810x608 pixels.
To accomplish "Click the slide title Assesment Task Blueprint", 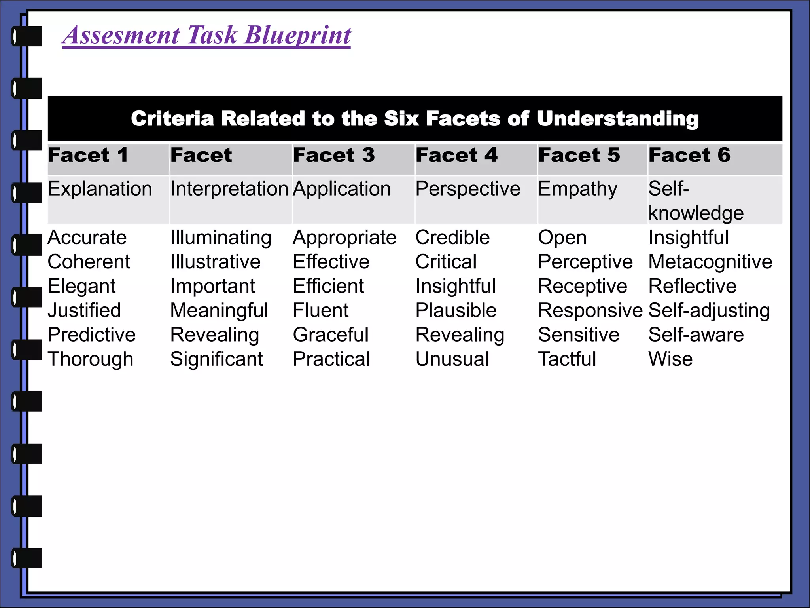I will point(206,35).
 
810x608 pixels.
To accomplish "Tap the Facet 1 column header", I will point(88,155).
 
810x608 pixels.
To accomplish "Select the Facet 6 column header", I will point(689,155).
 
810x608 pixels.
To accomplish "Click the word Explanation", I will point(100,189).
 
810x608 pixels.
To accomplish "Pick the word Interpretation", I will point(229,189).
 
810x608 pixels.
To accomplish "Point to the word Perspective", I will point(467,189).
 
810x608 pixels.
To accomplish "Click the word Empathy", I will point(577,189).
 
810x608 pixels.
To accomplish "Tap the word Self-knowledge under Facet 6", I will point(696,201).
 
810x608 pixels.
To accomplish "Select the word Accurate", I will point(87,237).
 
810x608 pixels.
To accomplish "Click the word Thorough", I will point(91,359).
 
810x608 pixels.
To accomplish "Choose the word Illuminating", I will point(221,237).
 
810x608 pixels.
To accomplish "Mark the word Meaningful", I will point(219,310).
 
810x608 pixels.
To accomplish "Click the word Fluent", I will point(320,310).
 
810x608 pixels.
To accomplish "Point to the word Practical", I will point(331,359).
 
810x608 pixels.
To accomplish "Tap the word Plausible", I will point(456,310).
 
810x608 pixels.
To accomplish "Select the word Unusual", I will point(452,359).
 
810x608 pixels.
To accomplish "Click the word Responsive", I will point(590,310).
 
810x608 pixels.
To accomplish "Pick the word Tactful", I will point(567,359).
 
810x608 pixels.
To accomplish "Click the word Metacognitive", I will point(710,262).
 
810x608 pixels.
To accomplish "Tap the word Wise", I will point(670,359).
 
